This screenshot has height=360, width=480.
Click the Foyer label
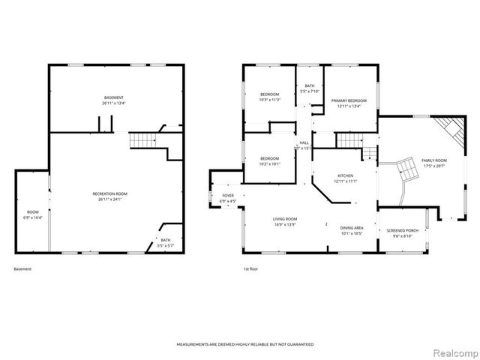coord(228,198)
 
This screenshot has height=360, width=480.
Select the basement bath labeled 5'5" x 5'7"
coord(165,243)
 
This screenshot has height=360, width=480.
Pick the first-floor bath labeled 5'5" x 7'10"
coord(309,88)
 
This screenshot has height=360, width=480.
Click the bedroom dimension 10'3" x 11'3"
coord(269,100)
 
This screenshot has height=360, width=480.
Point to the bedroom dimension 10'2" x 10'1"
coord(269,163)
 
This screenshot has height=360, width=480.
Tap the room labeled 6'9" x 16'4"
coord(32,214)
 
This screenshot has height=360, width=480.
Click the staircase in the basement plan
coord(142,140)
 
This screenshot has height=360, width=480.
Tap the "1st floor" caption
coord(250,268)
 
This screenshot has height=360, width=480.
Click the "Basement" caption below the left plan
coord(23,268)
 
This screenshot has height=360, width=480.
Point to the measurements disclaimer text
coord(244,344)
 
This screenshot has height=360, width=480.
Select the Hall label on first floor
coord(304,144)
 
